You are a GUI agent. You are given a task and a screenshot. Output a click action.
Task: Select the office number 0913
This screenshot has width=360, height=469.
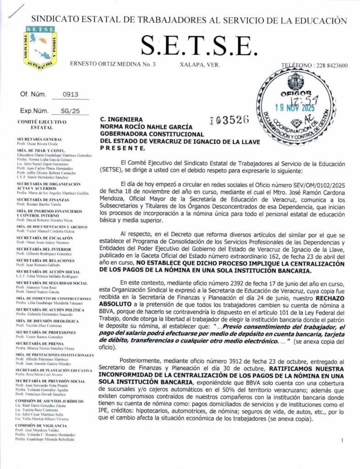coord(70,95)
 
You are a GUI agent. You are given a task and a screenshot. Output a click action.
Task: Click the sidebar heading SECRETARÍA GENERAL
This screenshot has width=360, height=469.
coord(39,139)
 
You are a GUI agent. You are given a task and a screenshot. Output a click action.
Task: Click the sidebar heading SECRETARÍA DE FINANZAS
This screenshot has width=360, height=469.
coord(44,200)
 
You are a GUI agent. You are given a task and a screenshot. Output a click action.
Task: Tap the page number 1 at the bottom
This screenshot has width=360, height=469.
coord(343,440)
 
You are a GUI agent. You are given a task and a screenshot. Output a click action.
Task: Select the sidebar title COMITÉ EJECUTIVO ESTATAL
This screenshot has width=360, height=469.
coord(42,125)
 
